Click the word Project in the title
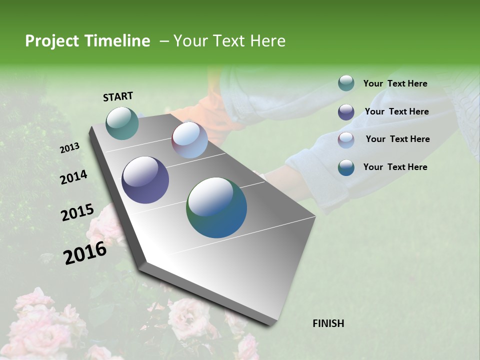pyautogui.click(x=51, y=41)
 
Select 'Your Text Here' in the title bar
pyautogui.click(x=229, y=41)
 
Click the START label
pyautogui.click(x=118, y=96)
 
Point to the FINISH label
pyautogui.click(x=328, y=323)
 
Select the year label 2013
pyautogui.click(x=69, y=148)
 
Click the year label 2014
pyautogui.click(x=73, y=177)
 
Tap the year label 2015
pyautogui.click(x=77, y=213)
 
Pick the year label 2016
pyautogui.click(x=85, y=252)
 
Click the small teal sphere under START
pyautogui.click(x=122, y=123)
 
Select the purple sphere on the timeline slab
pyautogui.click(x=145, y=180)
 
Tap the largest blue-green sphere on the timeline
pyautogui.click(x=216, y=207)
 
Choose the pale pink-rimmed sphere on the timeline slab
pyautogui.click(x=189, y=140)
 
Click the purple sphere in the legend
pyautogui.click(x=346, y=112)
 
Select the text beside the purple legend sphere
pyautogui.click(x=396, y=111)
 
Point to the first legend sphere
pyautogui.click(x=346, y=83)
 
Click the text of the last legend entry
pyautogui.click(x=395, y=167)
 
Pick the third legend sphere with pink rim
pyautogui.click(x=346, y=140)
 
